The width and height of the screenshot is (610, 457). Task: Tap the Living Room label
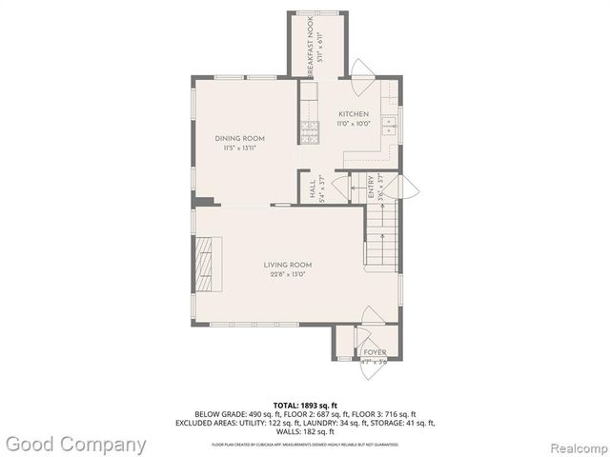288,265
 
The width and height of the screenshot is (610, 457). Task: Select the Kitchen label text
354,114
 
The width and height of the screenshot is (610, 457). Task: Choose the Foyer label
375,352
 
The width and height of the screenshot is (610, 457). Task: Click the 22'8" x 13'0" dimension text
288,274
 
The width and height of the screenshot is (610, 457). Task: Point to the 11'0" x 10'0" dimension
354,124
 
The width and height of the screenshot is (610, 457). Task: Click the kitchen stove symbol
311,130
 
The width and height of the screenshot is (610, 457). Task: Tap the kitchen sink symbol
389,123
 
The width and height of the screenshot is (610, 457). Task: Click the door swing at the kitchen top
363,70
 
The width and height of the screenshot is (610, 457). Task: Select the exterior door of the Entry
406,188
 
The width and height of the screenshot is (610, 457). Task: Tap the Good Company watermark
75,444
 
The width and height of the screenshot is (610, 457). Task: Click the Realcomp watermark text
575,445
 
